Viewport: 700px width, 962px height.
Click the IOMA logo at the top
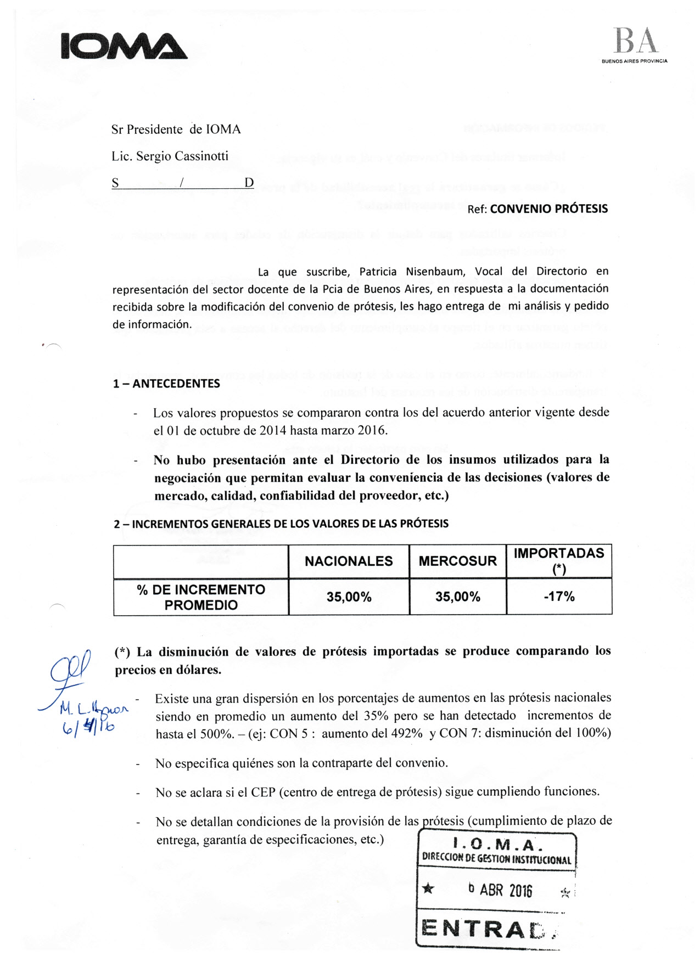tap(124, 46)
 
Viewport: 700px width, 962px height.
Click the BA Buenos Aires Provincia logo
tap(635, 46)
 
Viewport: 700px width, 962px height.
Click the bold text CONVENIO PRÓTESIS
tap(548, 209)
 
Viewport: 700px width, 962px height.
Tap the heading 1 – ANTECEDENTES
tap(166, 384)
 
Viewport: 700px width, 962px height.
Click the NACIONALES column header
tap(349, 561)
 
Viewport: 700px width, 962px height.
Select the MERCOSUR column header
tap(457, 561)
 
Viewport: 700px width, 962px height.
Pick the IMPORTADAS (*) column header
tap(559, 560)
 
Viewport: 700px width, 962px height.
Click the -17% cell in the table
tap(559, 597)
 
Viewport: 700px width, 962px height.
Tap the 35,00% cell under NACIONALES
tap(349, 597)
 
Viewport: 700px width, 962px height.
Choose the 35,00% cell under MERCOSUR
tap(457, 597)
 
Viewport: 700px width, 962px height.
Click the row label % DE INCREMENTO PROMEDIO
tap(201, 597)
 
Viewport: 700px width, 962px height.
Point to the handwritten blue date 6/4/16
tap(88, 727)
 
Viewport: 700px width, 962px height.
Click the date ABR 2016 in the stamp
tap(506, 890)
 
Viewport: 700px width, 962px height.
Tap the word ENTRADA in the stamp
tap(488, 929)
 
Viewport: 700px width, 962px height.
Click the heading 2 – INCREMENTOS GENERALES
tap(281, 524)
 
